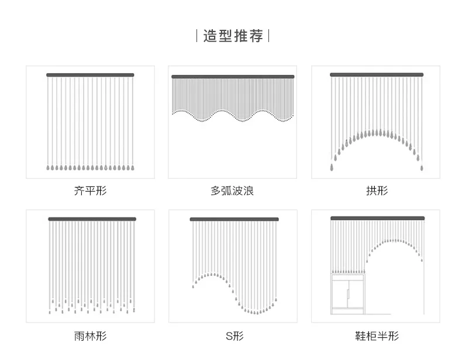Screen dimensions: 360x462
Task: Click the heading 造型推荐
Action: pos(232,36)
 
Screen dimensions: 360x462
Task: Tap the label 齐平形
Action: pos(91,191)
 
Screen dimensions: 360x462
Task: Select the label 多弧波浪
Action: pos(232,191)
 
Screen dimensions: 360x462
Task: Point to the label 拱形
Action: pos(377,191)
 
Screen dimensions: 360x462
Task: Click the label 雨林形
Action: pos(91,335)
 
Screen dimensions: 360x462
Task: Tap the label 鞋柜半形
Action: pos(377,335)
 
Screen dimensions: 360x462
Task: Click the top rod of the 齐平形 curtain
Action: pos(90,75)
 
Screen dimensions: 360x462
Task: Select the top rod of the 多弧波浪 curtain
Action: pos(232,77)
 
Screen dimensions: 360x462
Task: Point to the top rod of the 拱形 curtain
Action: pos(376,75)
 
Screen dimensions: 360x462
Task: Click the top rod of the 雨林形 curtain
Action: pos(92,219)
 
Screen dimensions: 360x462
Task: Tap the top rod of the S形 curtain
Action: pos(234,219)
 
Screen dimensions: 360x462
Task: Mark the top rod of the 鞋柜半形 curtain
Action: pos(376,218)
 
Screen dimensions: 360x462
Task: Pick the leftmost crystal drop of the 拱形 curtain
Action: pos(332,168)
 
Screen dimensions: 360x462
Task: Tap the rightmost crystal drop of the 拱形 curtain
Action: pos(421,168)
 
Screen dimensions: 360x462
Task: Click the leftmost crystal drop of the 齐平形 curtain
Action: pos(48,168)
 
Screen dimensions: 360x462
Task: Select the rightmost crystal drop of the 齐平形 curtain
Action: pos(132,168)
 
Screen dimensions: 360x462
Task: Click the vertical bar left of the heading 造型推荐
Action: pos(197,36)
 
